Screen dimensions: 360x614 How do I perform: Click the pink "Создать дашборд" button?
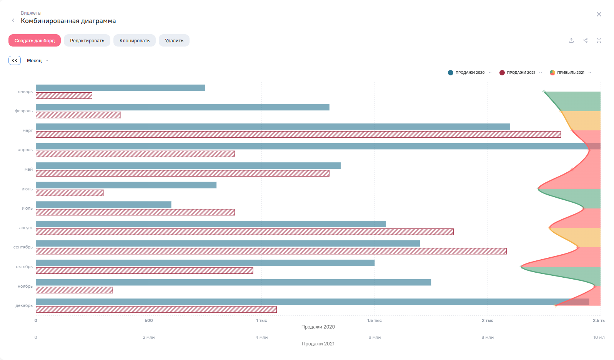(35, 40)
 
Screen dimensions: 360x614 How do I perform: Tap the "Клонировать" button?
(134, 40)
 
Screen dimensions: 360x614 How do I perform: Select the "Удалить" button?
(174, 40)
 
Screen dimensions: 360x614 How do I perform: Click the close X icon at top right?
(599, 14)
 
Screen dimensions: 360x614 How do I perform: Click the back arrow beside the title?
(13, 20)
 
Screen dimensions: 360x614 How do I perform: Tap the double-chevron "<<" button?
(15, 60)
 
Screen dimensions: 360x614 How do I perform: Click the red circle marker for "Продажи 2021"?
(502, 73)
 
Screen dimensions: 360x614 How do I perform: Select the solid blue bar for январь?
(120, 88)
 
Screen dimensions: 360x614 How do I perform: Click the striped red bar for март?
(298, 134)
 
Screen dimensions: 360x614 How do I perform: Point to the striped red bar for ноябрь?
(74, 290)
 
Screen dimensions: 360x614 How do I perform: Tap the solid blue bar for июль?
(103, 205)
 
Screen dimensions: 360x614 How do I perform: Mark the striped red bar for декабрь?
(156, 310)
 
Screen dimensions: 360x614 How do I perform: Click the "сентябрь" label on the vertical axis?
(23, 247)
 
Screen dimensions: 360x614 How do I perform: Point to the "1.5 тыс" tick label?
(374, 320)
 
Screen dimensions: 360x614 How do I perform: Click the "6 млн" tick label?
(374, 337)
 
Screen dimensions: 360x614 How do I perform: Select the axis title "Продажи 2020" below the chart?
(318, 327)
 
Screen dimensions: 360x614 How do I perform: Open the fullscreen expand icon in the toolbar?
(599, 40)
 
